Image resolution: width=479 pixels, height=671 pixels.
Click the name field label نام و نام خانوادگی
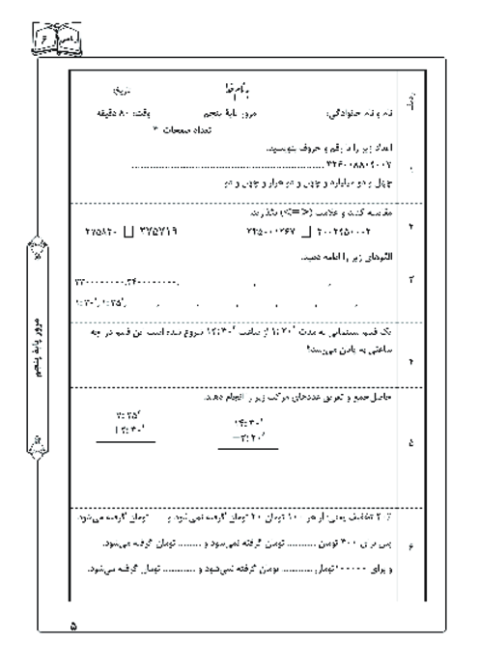386,112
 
